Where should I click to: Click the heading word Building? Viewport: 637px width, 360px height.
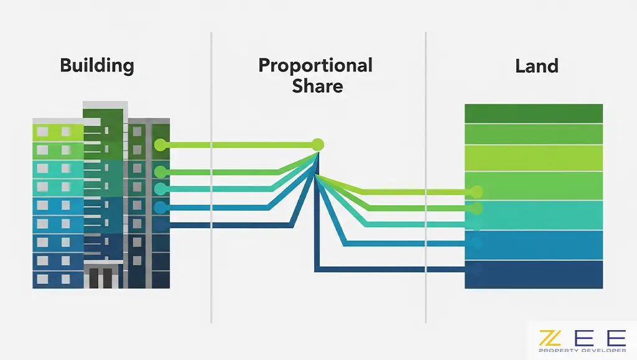[96, 65]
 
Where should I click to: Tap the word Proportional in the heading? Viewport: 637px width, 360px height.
[315, 65]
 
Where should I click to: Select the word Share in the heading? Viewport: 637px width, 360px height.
[317, 86]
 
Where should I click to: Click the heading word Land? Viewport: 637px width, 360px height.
[536, 65]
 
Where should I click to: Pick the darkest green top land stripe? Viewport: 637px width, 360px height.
[534, 113]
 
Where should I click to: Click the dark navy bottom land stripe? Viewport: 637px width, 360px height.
[534, 274]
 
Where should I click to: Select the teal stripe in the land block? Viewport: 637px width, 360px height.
[534, 215]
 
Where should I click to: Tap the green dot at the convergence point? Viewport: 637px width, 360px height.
[318, 144]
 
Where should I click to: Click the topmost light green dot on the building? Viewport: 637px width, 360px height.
[160, 145]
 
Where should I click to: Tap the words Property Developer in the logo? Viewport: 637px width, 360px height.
[582, 351]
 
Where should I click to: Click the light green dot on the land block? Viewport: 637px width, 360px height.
[477, 191]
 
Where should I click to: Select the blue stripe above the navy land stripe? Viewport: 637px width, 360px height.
[534, 245]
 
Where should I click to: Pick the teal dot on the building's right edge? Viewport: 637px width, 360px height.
[160, 188]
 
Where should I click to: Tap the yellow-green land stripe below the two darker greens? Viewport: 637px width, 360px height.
[534, 158]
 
